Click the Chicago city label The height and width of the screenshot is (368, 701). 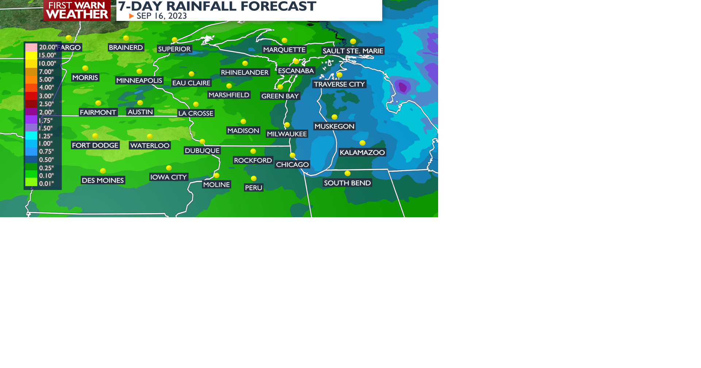(292, 165)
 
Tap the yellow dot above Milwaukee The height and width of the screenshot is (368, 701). (287, 125)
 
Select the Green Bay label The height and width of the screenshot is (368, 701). (280, 96)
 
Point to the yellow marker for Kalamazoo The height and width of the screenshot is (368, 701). (362, 143)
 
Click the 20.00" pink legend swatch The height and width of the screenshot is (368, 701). (31, 47)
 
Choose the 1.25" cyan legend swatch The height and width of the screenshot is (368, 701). (31, 135)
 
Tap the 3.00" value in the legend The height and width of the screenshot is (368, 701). (46, 96)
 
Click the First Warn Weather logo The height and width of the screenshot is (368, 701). (77, 10)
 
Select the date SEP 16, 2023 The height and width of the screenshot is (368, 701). (161, 16)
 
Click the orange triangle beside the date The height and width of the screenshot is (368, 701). (131, 16)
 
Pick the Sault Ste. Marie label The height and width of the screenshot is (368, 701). (353, 51)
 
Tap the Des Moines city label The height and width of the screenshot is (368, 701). (103, 180)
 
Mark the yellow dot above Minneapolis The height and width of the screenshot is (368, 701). (139, 71)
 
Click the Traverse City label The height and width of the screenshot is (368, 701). (339, 84)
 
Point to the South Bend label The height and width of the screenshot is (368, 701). (347, 183)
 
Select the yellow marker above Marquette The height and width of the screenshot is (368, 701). (284, 41)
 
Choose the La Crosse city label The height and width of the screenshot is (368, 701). (196, 113)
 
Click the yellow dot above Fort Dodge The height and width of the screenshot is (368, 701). (95, 136)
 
